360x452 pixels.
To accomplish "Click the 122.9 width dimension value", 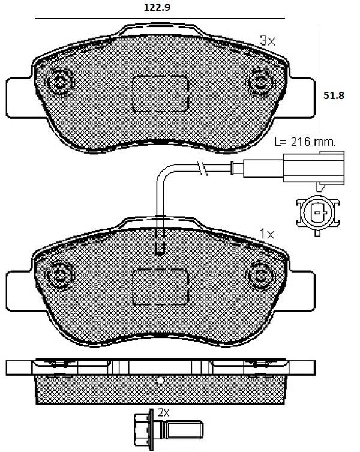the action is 157,7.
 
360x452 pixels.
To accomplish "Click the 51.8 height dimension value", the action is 334,95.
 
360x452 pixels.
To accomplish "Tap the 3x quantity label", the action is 268,41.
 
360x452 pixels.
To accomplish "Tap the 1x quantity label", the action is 267,234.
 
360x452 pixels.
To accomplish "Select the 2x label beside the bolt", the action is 163,412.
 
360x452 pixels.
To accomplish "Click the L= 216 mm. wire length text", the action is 305,142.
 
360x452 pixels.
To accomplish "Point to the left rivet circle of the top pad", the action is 60,83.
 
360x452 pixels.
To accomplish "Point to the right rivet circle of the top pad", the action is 260,83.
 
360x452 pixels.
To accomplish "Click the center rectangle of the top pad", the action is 160,94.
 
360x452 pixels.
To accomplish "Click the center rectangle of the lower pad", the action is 160,287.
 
